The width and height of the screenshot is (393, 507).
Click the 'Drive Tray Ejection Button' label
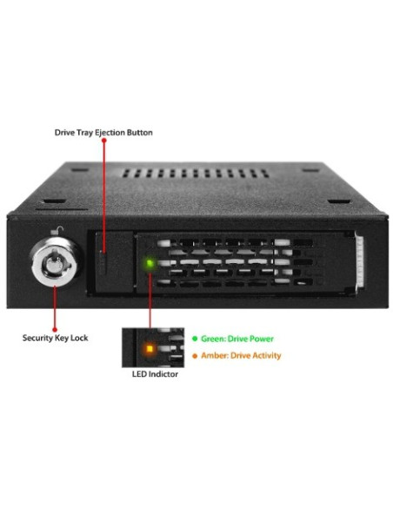pyautogui.click(x=103, y=133)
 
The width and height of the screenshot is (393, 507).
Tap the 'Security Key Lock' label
pyautogui.click(x=56, y=338)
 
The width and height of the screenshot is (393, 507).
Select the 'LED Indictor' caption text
pyautogui.click(x=155, y=374)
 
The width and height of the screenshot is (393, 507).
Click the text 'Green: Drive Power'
pyautogui.click(x=237, y=339)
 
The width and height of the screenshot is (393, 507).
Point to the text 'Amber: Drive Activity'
pyautogui.click(x=241, y=356)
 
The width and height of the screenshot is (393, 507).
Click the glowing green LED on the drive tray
pyautogui.click(x=150, y=263)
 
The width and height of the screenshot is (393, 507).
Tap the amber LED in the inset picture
pyautogui.click(x=150, y=349)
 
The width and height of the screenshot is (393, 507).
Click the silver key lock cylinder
pyautogui.click(x=55, y=264)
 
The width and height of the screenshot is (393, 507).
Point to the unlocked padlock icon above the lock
pyautogui.click(x=57, y=231)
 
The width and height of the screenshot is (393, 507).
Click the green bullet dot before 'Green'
pyautogui.click(x=195, y=339)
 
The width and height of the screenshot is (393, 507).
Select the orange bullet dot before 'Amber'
pyautogui.click(x=195, y=356)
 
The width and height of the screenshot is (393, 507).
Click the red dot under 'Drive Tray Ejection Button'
pyautogui.click(x=104, y=141)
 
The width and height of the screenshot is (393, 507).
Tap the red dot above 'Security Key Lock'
pyautogui.click(x=55, y=330)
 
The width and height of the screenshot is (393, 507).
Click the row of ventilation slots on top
pyautogui.click(x=196, y=174)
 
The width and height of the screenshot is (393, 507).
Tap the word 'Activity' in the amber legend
pyautogui.click(x=267, y=356)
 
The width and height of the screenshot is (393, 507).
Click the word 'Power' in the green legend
pyautogui.click(x=261, y=339)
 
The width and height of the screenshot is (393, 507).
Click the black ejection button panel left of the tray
pyautogui.click(x=114, y=262)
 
